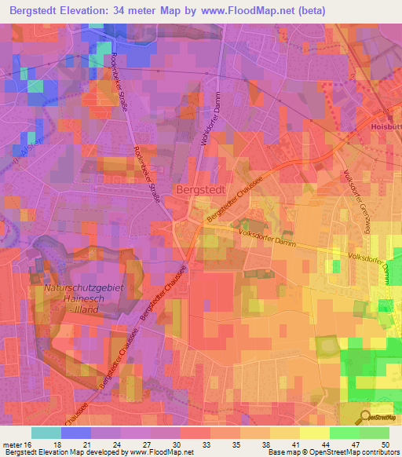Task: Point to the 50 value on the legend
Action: tap(384, 444)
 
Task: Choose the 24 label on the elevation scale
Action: tap(123, 444)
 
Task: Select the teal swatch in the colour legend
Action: tap(46, 433)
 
